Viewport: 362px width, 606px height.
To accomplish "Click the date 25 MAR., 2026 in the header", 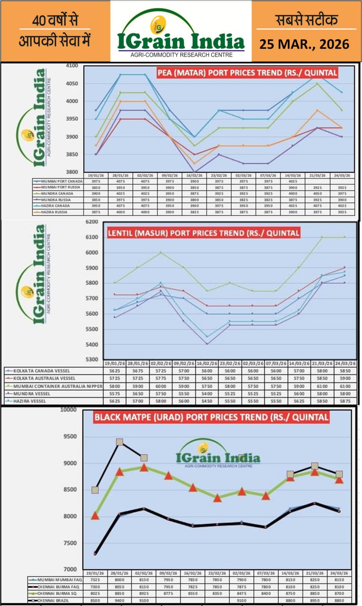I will [304, 44].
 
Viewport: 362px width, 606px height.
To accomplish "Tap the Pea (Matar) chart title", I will [248, 73].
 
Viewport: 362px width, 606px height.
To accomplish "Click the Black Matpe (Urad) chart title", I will [211, 418].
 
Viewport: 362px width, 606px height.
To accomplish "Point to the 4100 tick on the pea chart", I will [72, 66].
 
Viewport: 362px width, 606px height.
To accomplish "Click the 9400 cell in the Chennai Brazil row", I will [120, 601].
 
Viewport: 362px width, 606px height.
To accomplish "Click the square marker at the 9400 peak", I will [120, 442].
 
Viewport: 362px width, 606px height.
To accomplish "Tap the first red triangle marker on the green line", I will [95, 516].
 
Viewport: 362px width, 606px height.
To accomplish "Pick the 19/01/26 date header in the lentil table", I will [113, 363].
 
